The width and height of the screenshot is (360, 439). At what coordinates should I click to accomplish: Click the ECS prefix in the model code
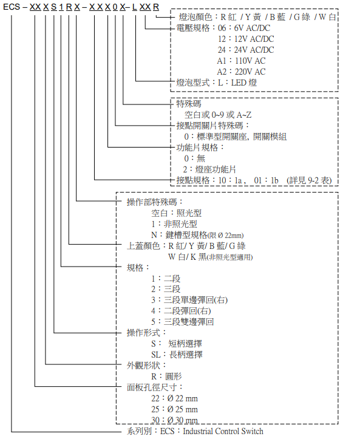[12, 7]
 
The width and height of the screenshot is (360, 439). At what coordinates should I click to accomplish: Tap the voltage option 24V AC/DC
[246, 50]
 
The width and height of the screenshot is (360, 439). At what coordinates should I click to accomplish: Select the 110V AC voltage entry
[241, 61]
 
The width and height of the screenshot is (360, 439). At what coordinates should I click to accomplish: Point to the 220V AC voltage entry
[241, 72]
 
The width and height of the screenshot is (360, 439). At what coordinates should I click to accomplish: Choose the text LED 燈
[244, 83]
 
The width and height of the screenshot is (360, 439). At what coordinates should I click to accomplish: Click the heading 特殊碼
[189, 104]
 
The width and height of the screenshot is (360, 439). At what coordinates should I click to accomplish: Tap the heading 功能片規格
[197, 148]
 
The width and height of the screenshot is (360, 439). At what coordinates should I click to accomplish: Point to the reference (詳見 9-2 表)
[309, 180]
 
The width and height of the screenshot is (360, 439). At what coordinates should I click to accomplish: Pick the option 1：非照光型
[174, 224]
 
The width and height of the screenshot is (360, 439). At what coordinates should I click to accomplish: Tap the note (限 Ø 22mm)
[225, 235]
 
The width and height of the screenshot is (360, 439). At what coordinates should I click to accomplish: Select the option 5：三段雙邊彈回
[183, 322]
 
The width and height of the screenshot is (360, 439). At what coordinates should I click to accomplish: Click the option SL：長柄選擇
[177, 355]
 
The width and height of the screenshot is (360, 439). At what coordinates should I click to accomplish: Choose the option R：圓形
[166, 376]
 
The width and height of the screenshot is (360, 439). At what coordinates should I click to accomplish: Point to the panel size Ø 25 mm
[183, 409]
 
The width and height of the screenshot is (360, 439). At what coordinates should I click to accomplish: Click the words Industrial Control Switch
[223, 431]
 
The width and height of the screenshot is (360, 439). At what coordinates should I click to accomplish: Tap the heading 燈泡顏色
[195, 17]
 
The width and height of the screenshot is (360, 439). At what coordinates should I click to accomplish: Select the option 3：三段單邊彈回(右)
[189, 300]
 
